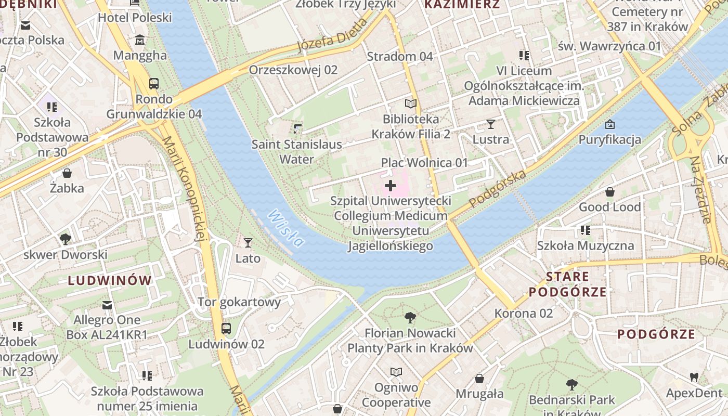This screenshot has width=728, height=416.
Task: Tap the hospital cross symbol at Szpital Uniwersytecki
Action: [x=391, y=186]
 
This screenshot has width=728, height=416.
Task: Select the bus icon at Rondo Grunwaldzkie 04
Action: [x=154, y=83]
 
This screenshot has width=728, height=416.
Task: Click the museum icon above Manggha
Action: [x=140, y=40]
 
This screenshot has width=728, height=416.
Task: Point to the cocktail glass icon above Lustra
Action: [x=490, y=124]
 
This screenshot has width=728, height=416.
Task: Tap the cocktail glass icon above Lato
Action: [x=248, y=242]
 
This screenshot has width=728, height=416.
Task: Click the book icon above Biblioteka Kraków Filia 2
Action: [x=411, y=103]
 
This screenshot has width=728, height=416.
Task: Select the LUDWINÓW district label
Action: [x=110, y=281]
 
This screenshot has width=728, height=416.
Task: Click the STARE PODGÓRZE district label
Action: [x=567, y=284]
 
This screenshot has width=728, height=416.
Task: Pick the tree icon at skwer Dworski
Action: [x=65, y=239]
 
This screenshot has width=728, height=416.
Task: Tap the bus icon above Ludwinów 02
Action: [x=226, y=328]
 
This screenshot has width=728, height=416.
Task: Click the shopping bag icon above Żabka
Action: [x=67, y=173]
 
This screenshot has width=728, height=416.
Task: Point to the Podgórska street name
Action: [x=497, y=188]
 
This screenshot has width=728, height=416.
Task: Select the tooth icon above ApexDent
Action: [x=694, y=377]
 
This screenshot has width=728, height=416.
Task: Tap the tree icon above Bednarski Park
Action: [x=571, y=385]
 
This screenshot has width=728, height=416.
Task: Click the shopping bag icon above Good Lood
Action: [x=609, y=191]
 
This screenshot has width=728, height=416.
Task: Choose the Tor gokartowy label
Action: [x=239, y=302]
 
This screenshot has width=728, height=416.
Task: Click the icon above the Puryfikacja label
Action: [x=610, y=124]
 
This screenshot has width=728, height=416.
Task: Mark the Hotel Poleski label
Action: [x=135, y=17]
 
